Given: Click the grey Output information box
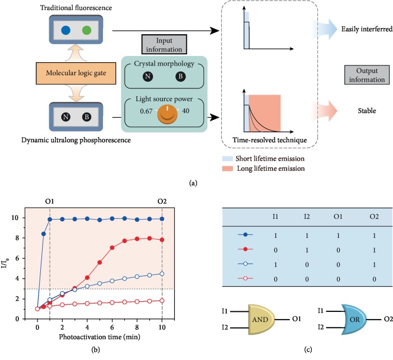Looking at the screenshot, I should point(365,74).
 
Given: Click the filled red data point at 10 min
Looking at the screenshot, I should point(162,240).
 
